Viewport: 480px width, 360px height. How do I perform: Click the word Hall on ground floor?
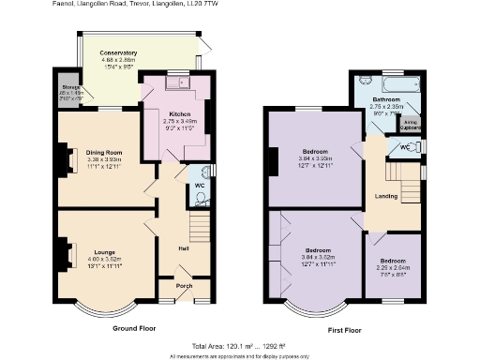click(x=184, y=248)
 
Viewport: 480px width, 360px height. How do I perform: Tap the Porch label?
click(x=184, y=287)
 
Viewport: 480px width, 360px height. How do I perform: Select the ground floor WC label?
click(x=199, y=186)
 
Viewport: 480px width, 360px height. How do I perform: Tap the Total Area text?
click(x=240, y=347)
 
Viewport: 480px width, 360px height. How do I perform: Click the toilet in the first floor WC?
click(x=416, y=147)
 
